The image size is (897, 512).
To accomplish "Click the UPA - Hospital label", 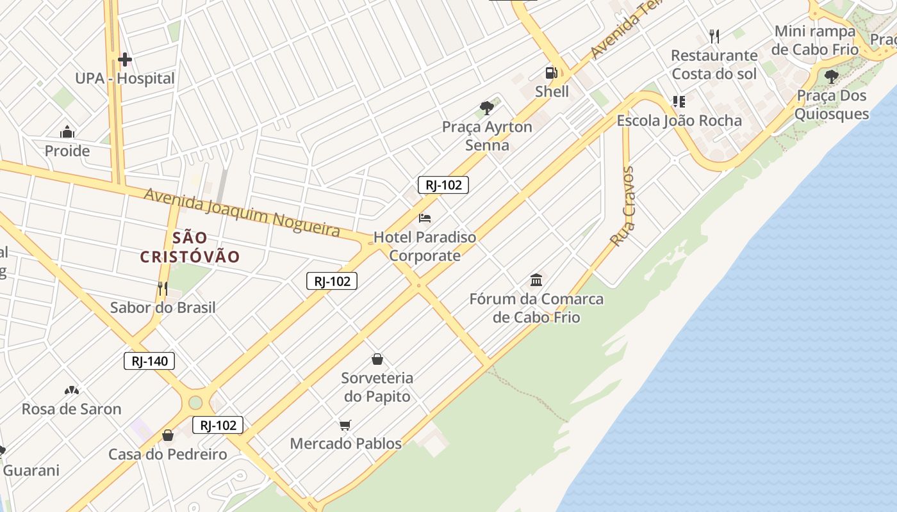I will (125, 79).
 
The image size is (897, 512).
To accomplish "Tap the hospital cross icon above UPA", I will (125, 60).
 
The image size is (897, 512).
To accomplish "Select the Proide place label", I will (67, 152).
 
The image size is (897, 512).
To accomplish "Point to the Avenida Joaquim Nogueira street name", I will (242, 212).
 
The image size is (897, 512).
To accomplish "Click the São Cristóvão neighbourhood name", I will (190, 248).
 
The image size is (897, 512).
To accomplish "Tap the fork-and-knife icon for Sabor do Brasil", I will (163, 289).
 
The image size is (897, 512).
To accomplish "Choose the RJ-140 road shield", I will (149, 361).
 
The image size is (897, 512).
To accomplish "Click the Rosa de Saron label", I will (71, 409).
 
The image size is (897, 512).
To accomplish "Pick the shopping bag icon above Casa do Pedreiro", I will (168, 436).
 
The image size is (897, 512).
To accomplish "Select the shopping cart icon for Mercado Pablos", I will (345, 425).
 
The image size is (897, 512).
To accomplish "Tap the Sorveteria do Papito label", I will (377, 387).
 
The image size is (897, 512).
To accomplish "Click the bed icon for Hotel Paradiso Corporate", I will (425, 218).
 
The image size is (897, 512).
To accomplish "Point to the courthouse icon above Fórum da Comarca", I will (536, 280).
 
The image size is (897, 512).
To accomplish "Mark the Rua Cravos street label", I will (623, 207).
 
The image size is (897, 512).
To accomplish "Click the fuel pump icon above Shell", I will (551, 73).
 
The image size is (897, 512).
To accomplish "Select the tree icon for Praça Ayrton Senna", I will (487, 108).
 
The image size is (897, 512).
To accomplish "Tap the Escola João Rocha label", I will (679, 120).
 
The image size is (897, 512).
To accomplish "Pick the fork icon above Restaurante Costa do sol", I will (714, 36).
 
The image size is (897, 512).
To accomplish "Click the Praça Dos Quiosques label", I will (831, 105).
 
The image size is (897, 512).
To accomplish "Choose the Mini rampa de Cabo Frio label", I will (815, 40).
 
